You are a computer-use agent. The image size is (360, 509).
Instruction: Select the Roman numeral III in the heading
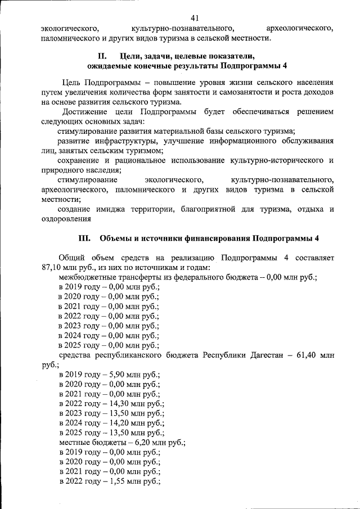(84, 237)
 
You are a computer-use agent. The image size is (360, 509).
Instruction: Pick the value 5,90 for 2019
(118, 375)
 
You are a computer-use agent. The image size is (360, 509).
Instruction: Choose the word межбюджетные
(88, 277)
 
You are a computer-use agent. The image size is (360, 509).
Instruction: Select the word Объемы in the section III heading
(116, 237)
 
